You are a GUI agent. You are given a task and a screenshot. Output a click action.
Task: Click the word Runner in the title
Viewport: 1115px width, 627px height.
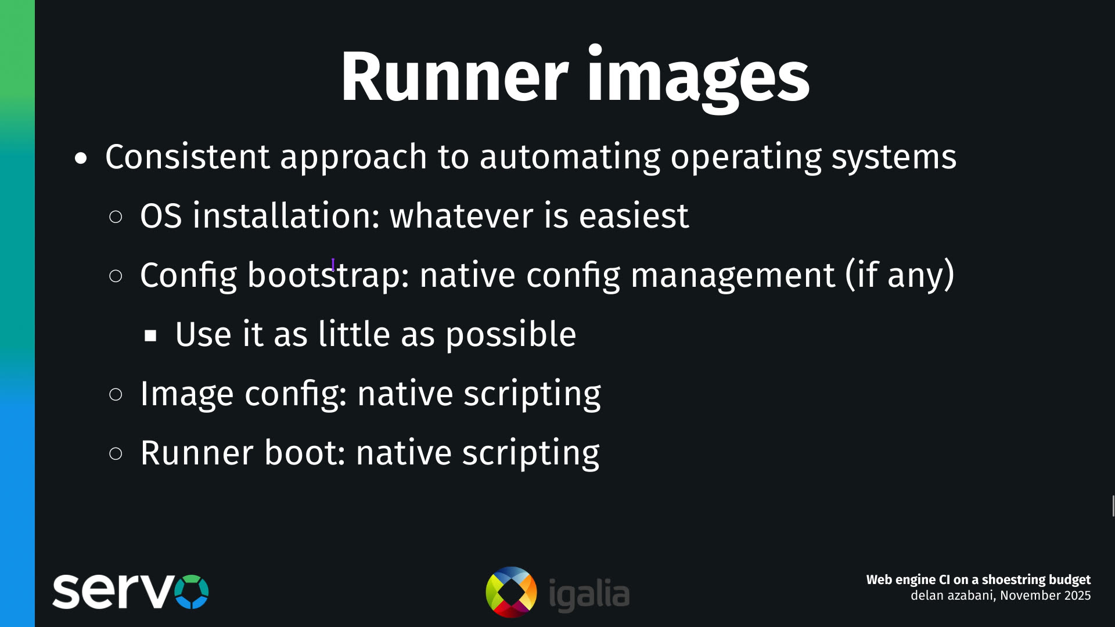[454, 77]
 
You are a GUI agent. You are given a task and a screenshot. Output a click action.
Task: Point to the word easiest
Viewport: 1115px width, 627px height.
[634, 216]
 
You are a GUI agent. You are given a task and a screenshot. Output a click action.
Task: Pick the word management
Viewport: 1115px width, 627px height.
[732, 275]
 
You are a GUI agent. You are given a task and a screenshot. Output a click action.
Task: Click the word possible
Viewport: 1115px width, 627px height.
[510, 335]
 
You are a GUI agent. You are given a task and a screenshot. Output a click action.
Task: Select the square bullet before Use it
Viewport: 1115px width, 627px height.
[151, 336]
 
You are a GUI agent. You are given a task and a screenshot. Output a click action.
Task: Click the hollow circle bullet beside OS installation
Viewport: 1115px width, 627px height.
[116, 217]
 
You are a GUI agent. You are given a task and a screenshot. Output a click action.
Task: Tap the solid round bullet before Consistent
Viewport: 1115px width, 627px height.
[81, 158]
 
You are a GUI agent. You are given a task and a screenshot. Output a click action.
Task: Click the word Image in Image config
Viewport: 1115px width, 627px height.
[186, 394]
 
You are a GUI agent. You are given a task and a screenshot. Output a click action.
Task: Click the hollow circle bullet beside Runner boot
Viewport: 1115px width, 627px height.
[116, 453]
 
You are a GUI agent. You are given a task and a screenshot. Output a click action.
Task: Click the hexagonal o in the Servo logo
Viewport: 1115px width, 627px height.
[191, 592]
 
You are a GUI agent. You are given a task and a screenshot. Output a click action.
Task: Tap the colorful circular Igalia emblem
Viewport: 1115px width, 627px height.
[511, 592]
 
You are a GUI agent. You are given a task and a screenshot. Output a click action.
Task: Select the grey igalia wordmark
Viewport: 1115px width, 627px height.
[589, 594]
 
